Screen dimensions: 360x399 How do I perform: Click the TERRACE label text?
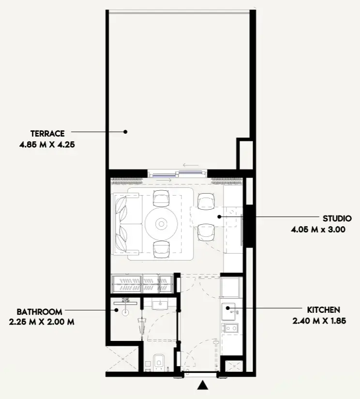click(x=47, y=134)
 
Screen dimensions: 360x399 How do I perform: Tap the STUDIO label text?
click(x=337, y=218)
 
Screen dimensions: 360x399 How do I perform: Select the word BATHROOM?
click(x=39, y=312)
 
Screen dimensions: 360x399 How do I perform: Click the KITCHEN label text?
click(x=323, y=310)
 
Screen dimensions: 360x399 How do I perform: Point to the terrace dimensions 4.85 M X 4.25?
click(x=47, y=145)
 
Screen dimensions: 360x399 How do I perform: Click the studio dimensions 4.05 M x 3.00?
click(x=318, y=230)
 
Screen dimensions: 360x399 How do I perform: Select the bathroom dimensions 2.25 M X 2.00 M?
click(x=42, y=322)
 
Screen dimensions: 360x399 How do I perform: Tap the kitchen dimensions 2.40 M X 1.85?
click(x=319, y=321)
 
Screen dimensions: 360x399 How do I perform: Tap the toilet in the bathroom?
click(x=159, y=362)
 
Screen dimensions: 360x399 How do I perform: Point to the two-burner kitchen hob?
click(x=230, y=328)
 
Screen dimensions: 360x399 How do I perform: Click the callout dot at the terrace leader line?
click(x=125, y=132)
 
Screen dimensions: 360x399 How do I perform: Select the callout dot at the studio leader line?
click(x=219, y=217)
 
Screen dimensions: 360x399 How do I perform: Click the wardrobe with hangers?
click(x=142, y=283)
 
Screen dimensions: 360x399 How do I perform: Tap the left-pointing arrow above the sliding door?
click(x=191, y=165)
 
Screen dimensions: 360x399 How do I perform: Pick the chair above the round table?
click(x=161, y=198)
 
